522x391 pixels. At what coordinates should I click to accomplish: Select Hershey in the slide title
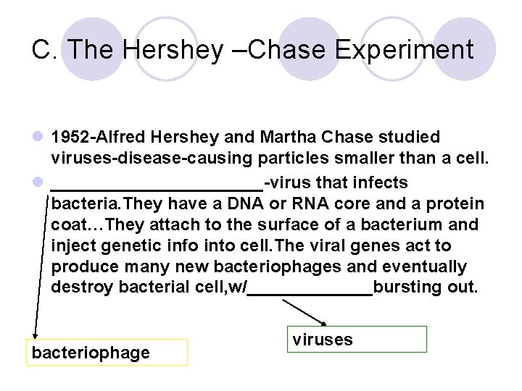click(174, 50)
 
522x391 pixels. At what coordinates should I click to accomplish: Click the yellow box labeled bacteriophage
click(107, 353)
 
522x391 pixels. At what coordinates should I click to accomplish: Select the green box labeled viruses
click(359, 340)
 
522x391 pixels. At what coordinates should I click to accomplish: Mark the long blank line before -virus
click(157, 188)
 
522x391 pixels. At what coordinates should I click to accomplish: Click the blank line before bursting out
click(310, 293)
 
